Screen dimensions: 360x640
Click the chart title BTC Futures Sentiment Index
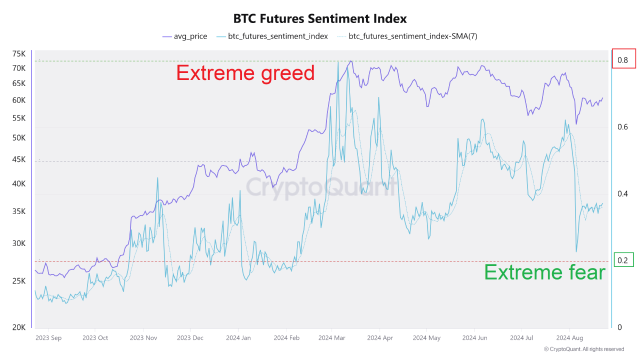(x=320, y=18)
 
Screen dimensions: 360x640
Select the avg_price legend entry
(x=184, y=36)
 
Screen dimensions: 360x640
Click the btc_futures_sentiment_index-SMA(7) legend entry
(x=407, y=36)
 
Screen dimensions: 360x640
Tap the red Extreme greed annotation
(x=245, y=73)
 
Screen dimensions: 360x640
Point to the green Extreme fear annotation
(x=544, y=272)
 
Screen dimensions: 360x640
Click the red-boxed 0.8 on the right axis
(x=623, y=60)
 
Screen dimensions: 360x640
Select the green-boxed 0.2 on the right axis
(x=622, y=260)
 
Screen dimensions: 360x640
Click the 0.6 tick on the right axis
(x=622, y=127)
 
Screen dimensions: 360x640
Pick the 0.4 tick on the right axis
(x=622, y=193)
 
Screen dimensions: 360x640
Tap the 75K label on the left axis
(x=19, y=53)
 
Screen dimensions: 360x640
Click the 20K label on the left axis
(x=19, y=327)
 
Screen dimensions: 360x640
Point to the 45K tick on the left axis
(x=19, y=159)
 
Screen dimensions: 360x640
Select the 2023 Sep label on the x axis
(x=48, y=338)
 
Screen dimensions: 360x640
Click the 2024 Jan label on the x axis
(x=238, y=338)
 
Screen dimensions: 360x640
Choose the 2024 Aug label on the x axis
(x=570, y=338)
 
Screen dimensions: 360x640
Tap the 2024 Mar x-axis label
(x=332, y=338)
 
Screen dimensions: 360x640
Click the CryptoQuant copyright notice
(x=583, y=349)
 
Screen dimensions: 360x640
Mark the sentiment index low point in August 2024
(x=576, y=251)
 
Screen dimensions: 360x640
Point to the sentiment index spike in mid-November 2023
(x=158, y=178)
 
